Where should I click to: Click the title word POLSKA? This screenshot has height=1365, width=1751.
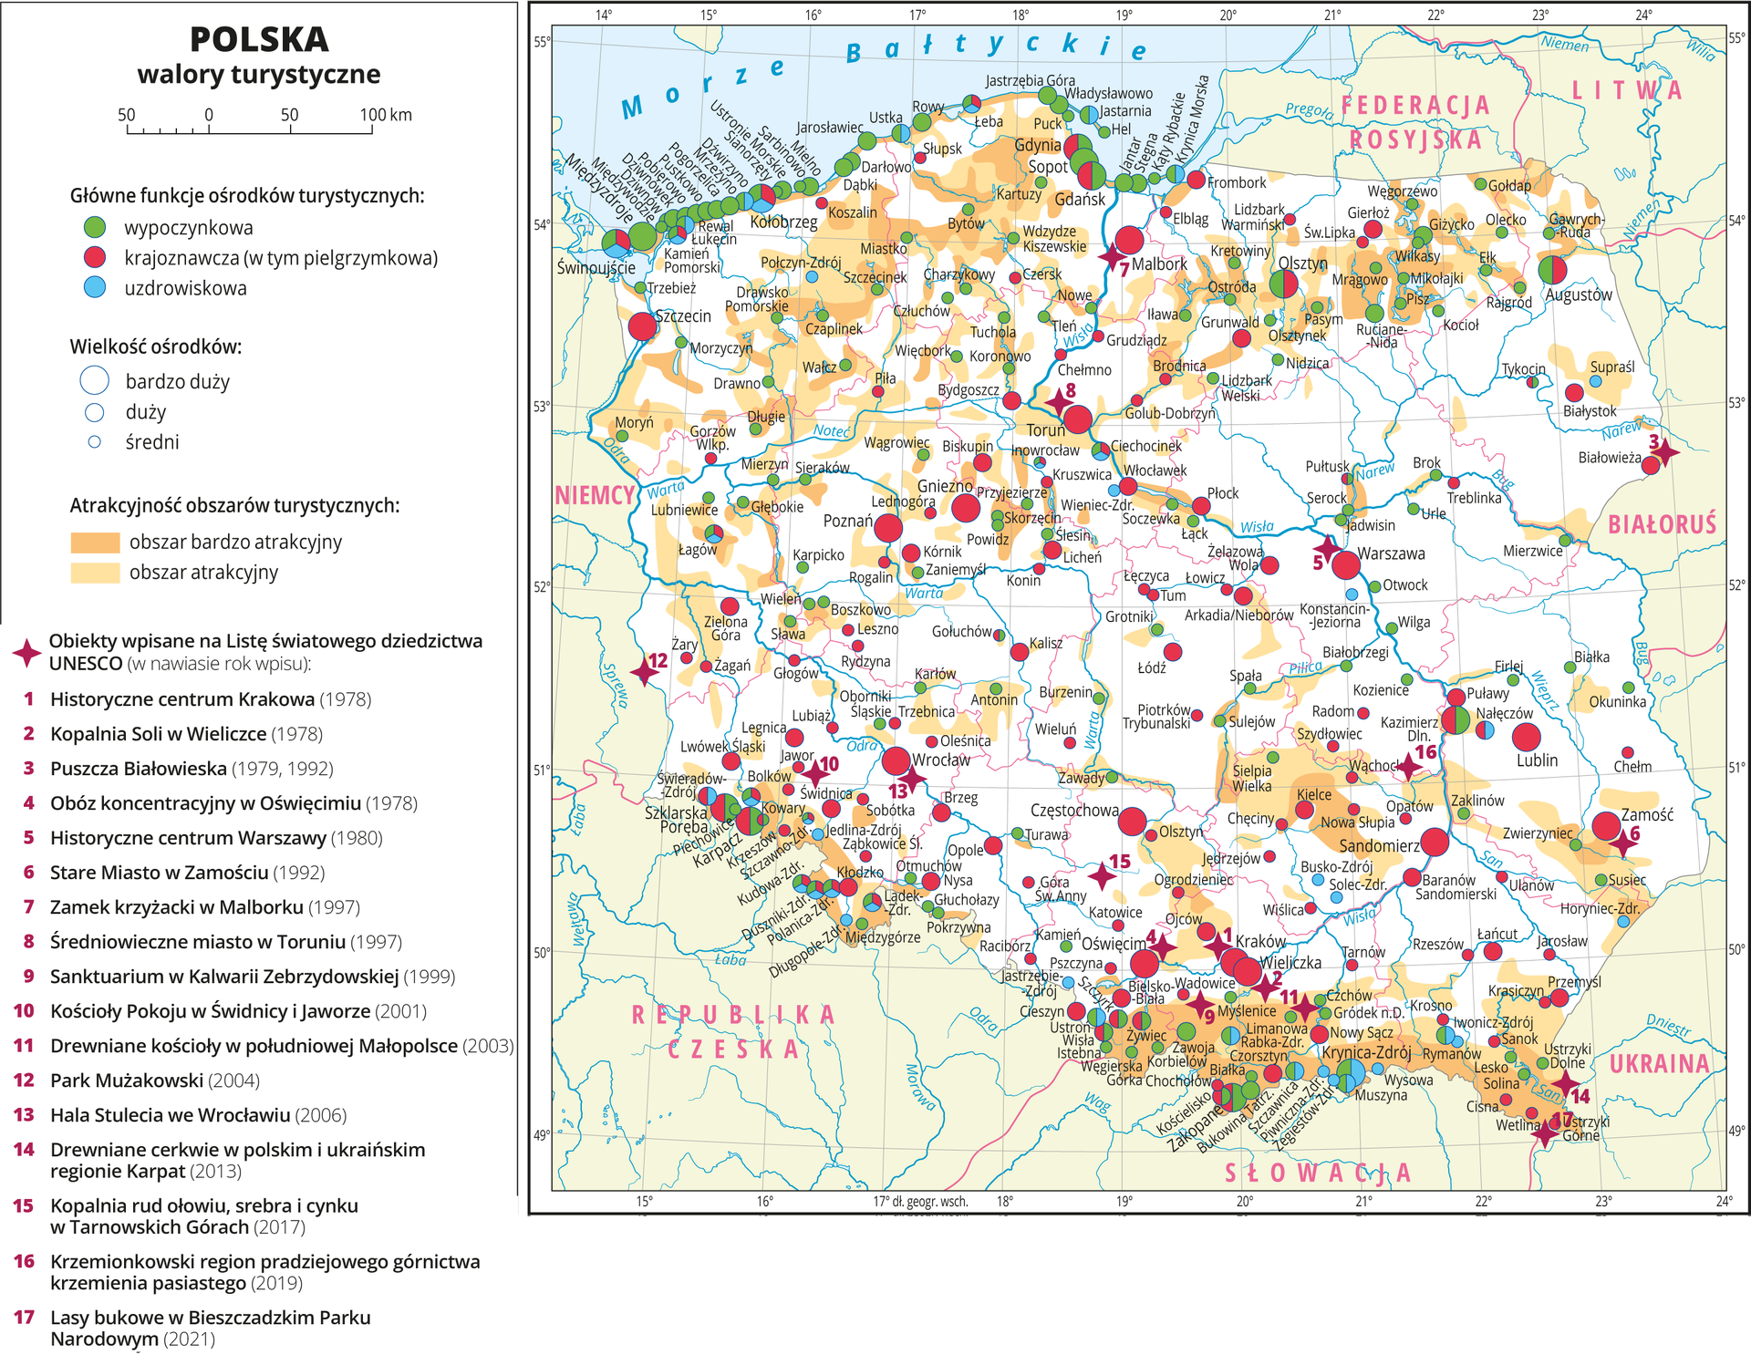259,40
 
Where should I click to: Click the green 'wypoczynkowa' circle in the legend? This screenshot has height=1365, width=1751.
95,228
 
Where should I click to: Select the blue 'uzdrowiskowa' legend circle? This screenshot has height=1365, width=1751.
95,288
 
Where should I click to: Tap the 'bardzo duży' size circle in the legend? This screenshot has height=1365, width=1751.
95,381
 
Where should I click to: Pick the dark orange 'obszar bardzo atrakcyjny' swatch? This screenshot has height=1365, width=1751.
95,543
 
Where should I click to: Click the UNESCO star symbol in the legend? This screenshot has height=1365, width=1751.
26,652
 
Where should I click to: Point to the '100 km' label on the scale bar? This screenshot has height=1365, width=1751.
385,115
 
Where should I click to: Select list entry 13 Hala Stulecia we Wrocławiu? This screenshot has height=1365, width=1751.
170,1115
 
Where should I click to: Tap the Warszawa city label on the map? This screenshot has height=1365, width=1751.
1391,553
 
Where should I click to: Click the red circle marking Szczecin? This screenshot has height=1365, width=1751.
642,326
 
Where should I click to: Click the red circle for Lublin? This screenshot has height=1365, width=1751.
1526,737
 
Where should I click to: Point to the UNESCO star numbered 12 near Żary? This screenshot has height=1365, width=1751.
644,672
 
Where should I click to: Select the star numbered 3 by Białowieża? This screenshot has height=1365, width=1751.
1665,451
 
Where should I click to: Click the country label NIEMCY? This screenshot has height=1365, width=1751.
595,495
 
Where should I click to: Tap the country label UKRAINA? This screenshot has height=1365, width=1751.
1659,1064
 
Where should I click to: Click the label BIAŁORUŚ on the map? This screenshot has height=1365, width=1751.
1662,524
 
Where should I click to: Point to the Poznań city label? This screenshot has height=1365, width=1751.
847,521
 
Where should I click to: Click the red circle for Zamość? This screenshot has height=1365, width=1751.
1606,826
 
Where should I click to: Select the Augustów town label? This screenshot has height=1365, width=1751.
1579,295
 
